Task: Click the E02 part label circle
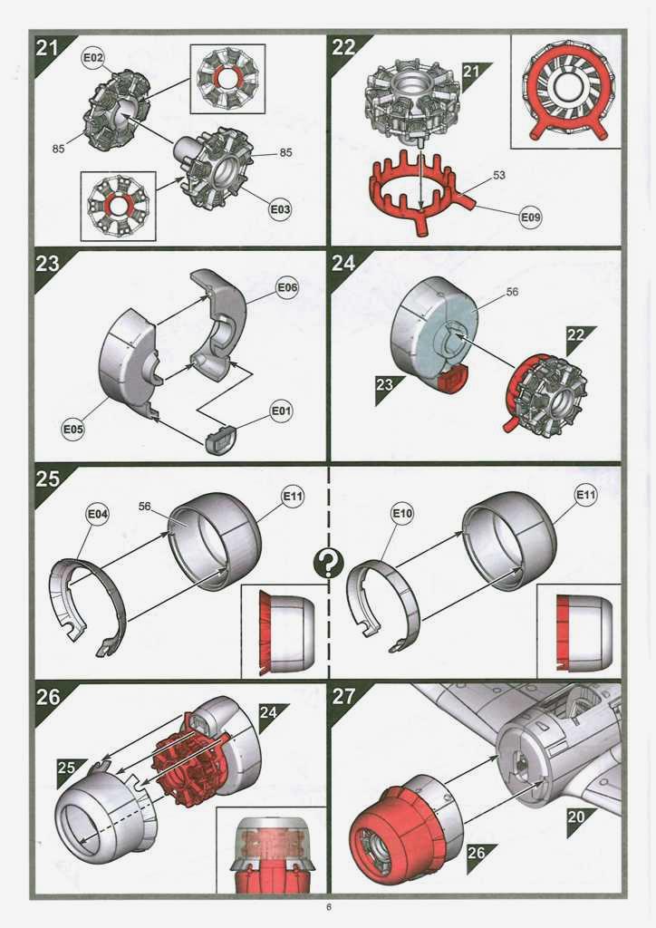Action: (93, 58)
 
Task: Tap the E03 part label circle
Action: (280, 209)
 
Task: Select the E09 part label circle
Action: (531, 217)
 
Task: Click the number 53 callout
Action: (499, 175)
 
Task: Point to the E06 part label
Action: (288, 287)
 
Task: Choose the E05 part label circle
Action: (73, 429)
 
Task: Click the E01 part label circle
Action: (281, 411)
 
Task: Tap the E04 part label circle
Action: (98, 515)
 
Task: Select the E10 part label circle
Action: (403, 513)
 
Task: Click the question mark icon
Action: (328, 564)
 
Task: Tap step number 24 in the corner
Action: (343, 264)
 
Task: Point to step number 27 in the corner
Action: (343, 696)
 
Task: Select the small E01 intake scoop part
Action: (220, 439)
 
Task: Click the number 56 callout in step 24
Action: (512, 292)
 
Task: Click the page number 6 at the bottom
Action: (328, 907)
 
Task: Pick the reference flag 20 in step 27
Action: (577, 818)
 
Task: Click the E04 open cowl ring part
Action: (88, 604)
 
